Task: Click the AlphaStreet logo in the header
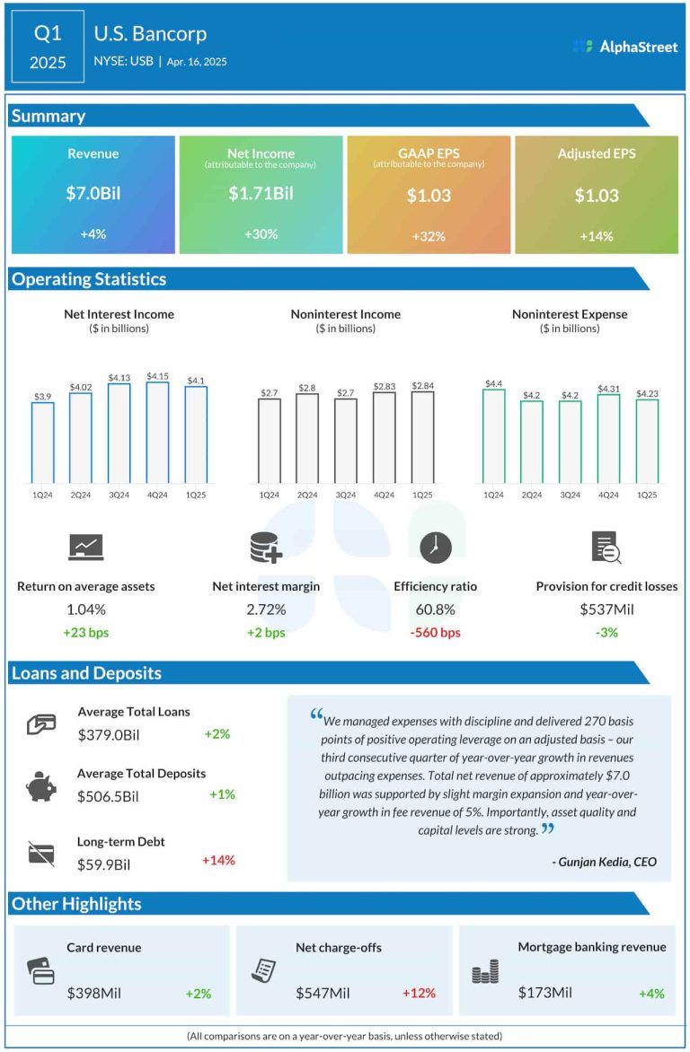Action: pyautogui.click(x=625, y=47)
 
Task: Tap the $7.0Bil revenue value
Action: pyautogui.click(x=93, y=194)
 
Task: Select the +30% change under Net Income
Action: pyautogui.click(x=261, y=234)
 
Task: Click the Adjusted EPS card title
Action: pyautogui.click(x=597, y=153)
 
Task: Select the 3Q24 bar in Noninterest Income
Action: pyautogui.click(x=345, y=440)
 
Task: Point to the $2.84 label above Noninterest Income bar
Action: pyautogui.click(x=422, y=386)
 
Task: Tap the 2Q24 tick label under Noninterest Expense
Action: pyautogui.click(x=532, y=495)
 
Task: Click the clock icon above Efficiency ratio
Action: pyautogui.click(x=435, y=547)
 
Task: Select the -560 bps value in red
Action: pyautogui.click(x=435, y=633)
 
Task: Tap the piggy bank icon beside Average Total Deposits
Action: pyautogui.click(x=40, y=786)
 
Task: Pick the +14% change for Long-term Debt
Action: pyautogui.click(x=218, y=860)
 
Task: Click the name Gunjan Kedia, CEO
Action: pyautogui.click(x=605, y=862)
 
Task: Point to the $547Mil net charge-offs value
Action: pyautogui.click(x=323, y=993)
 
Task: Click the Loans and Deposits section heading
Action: pyautogui.click(x=86, y=673)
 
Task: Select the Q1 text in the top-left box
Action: pyautogui.click(x=49, y=34)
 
